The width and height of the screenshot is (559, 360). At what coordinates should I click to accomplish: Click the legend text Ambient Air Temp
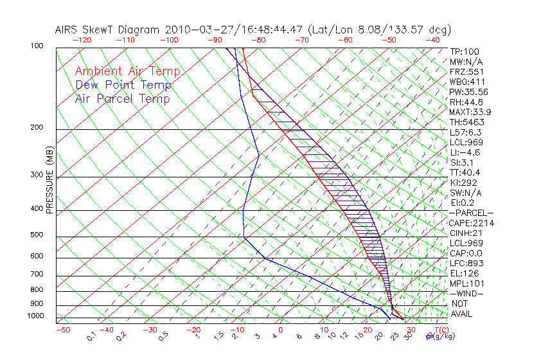[127, 71]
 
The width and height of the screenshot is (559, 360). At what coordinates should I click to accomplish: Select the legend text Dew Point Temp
[123, 85]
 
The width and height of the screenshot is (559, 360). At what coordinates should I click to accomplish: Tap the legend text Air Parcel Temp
[122, 98]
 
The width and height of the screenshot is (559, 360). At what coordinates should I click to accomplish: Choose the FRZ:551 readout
[466, 71]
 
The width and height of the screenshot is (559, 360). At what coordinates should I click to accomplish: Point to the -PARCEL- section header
[471, 213]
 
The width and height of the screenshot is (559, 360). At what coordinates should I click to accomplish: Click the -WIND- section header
[467, 293]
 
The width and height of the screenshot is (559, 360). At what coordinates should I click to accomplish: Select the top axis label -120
[82, 40]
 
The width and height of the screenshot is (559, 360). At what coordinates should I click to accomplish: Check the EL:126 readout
[463, 273]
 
